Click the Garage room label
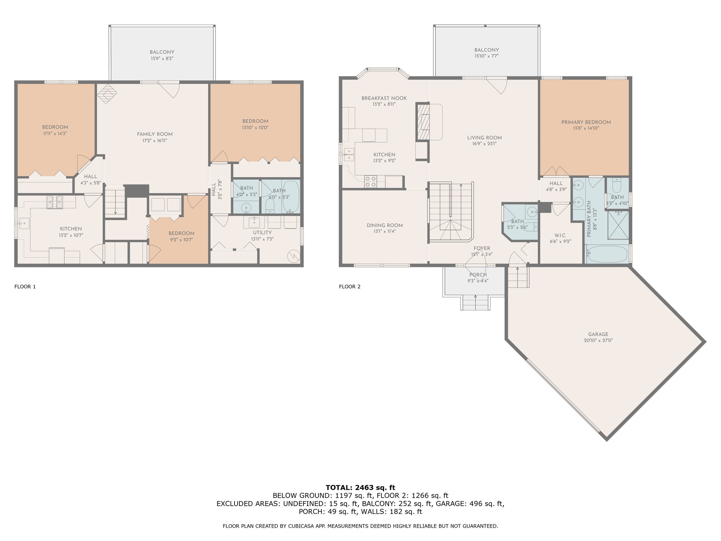[x=598, y=334]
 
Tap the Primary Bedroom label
[x=586, y=122]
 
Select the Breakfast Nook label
[x=384, y=98]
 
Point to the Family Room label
[x=155, y=134]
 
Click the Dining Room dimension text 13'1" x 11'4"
[x=384, y=231]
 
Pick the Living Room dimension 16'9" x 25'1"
[x=484, y=144]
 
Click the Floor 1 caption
[x=25, y=287]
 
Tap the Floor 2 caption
[x=350, y=287]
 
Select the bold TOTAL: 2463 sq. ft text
[x=360, y=488]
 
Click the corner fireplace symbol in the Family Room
[x=107, y=93]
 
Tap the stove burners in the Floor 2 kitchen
[x=370, y=181]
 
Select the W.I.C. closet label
[x=560, y=235]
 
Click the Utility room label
[x=262, y=233]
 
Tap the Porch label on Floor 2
[x=478, y=275]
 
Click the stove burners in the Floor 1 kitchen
[x=55, y=202]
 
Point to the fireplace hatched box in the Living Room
[x=423, y=122]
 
